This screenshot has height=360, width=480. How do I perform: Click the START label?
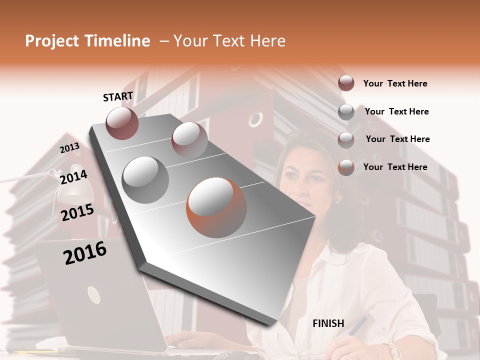click(x=118, y=96)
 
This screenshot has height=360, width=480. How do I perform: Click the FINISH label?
click(x=328, y=323)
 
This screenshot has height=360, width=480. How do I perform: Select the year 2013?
click(x=69, y=148)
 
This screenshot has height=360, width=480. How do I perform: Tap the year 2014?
click(x=73, y=177)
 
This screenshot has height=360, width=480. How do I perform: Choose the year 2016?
click(x=85, y=253)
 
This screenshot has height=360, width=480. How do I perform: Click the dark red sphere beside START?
click(x=122, y=123)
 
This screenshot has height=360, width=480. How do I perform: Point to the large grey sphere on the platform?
click(x=145, y=179)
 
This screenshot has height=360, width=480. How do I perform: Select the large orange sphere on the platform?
click(x=216, y=207)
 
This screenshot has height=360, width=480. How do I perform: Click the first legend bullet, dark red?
click(x=346, y=83)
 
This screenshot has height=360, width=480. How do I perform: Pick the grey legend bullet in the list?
click(x=346, y=111)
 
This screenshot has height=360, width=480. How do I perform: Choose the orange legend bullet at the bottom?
click(x=346, y=167)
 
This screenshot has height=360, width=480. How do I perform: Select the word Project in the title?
click(x=52, y=41)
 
